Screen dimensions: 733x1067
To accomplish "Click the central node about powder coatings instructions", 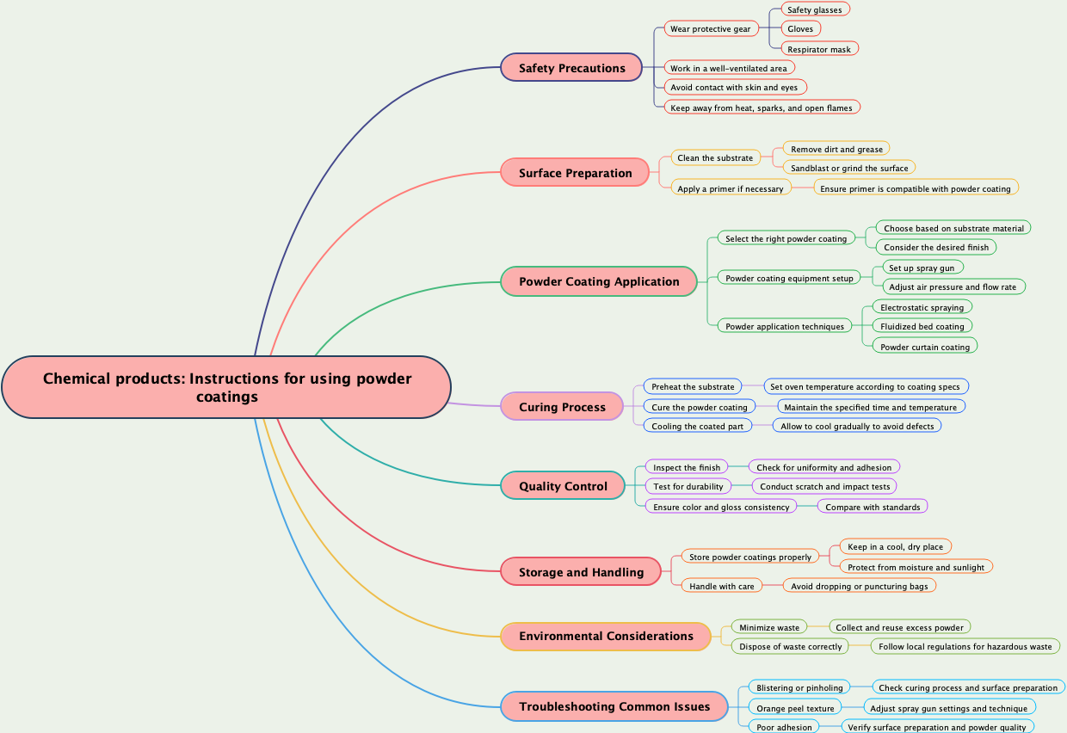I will (x=226, y=387).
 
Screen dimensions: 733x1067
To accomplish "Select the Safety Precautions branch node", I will (x=571, y=68).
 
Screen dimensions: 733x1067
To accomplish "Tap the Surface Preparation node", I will (x=575, y=173).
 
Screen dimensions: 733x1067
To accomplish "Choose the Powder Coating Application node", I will (x=599, y=281).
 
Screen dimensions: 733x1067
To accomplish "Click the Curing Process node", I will (x=562, y=407).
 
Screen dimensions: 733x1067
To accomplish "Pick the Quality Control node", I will (x=563, y=486).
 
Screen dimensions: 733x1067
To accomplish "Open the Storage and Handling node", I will (x=581, y=572).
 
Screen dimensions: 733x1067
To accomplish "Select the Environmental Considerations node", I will (x=606, y=636).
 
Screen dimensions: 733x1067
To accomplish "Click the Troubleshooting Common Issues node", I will (x=614, y=706).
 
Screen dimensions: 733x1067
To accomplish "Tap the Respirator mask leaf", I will (x=818, y=49).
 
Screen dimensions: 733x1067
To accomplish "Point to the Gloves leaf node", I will (x=800, y=28).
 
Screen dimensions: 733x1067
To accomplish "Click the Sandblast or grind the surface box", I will (x=849, y=168).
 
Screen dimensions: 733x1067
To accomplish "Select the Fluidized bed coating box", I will (x=922, y=326).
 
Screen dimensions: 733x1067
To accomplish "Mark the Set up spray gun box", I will (x=922, y=268).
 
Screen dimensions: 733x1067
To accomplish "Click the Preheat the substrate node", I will (x=693, y=386).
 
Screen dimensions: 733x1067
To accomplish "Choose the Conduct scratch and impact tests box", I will (x=824, y=486).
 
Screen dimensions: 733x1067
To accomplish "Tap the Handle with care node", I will (x=721, y=586).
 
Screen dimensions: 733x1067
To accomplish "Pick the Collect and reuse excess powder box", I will (x=899, y=627).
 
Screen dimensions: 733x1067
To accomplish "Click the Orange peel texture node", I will (x=795, y=708).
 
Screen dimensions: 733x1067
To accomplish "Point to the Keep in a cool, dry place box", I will (x=895, y=546).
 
